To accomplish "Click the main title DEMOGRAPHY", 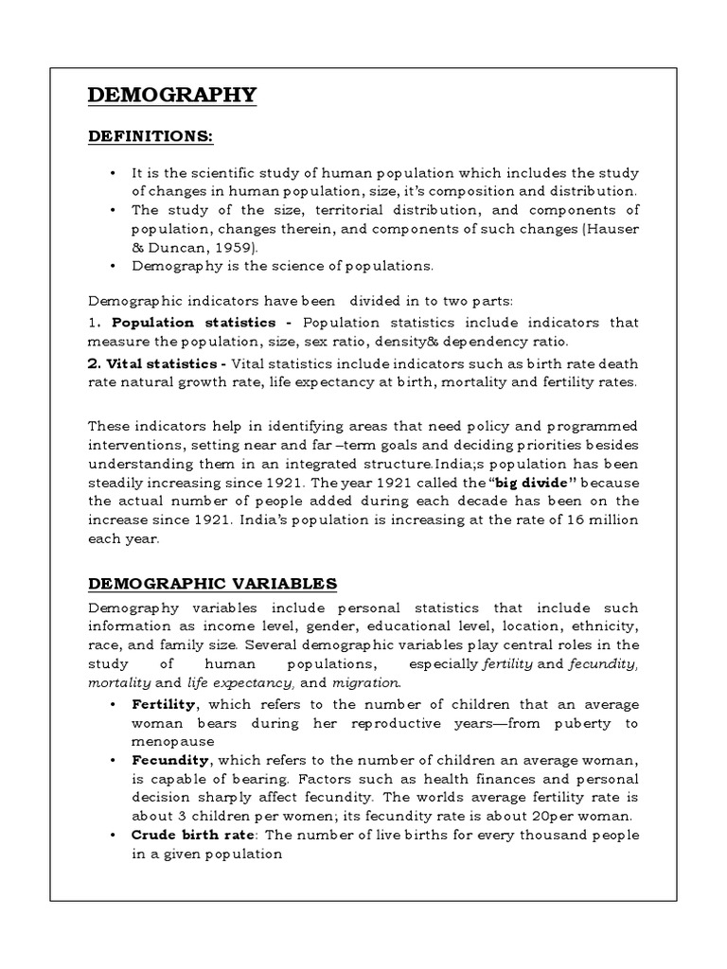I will coord(171,95).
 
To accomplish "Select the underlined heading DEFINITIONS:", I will coord(151,138).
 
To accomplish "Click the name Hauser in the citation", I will coord(612,229).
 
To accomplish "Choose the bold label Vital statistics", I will coord(157,363).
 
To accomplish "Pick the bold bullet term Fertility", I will coord(164,705).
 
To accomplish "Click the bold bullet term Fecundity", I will coord(172,760).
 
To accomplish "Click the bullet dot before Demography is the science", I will coord(113,266).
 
